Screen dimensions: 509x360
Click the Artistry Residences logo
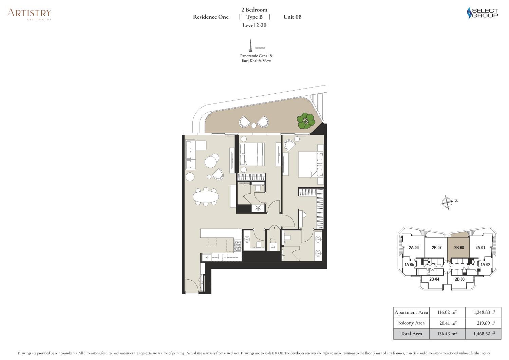(x=29, y=14)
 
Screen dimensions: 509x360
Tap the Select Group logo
(x=482, y=13)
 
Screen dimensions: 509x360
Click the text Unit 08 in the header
(x=292, y=17)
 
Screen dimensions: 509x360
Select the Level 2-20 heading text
(x=254, y=25)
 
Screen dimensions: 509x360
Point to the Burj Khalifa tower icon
(x=251, y=45)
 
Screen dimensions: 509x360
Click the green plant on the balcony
(x=306, y=121)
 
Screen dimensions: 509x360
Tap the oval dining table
(x=206, y=196)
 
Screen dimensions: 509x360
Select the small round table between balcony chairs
(x=253, y=125)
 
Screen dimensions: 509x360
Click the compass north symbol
(x=448, y=202)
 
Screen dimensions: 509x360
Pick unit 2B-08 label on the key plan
(x=459, y=247)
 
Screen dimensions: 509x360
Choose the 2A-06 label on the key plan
(x=414, y=247)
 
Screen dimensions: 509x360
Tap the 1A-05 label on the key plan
(x=409, y=265)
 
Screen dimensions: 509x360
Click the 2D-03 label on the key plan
(x=460, y=279)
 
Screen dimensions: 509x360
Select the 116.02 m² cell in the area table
(x=447, y=312)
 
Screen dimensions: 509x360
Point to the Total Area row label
(x=411, y=334)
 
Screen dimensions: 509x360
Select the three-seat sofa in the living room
(x=191, y=155)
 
